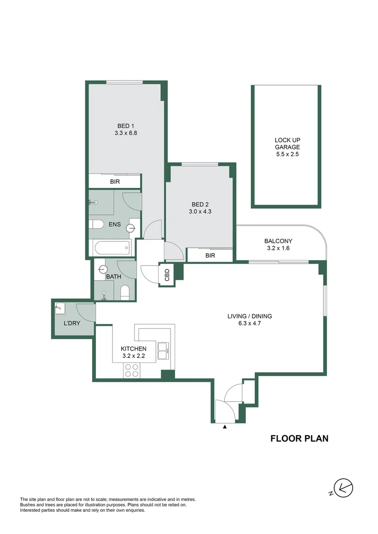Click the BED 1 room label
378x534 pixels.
tap(126, 126)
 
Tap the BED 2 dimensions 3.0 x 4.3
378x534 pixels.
tap(200, 212)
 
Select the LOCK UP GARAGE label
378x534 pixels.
tap(287, 143)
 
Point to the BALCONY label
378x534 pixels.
tap(278, 241)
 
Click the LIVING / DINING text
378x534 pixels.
tap(249, 316)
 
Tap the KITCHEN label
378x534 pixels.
tap(134, 349)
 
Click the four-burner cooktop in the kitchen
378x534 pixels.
tap(132, 370)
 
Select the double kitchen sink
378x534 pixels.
tap(164, 351)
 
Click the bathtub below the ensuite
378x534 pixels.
tap(112, 248)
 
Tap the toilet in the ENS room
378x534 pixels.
tap(96, 224)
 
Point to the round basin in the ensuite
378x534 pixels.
tap(130, 228)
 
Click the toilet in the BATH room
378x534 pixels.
tap(125, 293)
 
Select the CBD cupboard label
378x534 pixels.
tap(167, 275)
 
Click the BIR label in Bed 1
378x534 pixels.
tap(115, 181)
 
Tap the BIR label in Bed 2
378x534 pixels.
tap(210, 256)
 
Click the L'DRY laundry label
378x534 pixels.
tap(72, 323)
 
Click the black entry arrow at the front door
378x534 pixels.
tap(225, 426)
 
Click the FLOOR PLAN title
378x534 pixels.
tap(300, 438)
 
